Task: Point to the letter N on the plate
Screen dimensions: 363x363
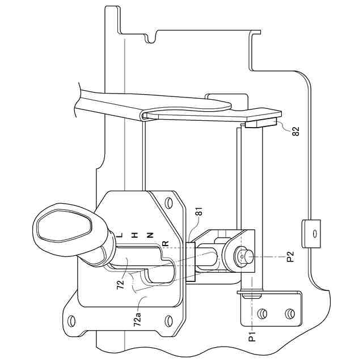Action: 150,234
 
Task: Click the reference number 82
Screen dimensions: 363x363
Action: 294,131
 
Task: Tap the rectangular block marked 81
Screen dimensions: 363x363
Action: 191,261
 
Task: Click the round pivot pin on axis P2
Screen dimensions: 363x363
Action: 243,256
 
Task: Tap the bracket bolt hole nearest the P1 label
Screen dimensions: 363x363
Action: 263,313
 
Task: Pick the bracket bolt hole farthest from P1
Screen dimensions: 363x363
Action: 289,313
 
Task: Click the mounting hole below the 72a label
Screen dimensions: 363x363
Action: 168,322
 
